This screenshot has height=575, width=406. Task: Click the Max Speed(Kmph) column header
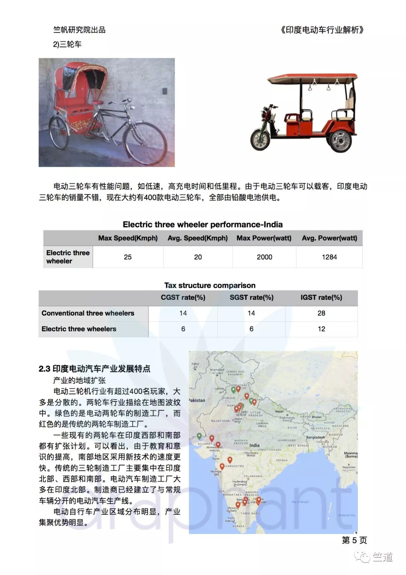(128, 238)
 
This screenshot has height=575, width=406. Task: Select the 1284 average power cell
(329, 257)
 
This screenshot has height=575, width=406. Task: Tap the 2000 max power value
(264, 257)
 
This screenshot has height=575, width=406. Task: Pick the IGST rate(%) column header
(321, 297)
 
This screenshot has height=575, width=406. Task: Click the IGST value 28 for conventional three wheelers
(321, 313)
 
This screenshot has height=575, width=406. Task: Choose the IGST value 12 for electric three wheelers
(321, 329)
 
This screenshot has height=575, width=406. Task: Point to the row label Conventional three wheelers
(88, 313)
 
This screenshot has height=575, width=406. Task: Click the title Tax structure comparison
(210, 285)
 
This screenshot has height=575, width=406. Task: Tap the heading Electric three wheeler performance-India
(203, 224)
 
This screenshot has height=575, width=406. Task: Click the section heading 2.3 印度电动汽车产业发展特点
(94, 369)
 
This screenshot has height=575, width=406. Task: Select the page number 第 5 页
(354, 540)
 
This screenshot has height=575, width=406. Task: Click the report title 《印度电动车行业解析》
(322, 30)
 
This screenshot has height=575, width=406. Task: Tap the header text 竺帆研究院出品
(79, 30)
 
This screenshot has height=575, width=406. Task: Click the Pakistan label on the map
(197, 400)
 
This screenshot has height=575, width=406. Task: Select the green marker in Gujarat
(199, 436)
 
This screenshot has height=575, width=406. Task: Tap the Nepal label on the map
(279, 411)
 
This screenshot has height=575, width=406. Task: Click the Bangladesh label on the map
(315, 438)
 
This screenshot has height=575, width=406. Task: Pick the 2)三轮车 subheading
(67, 44)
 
